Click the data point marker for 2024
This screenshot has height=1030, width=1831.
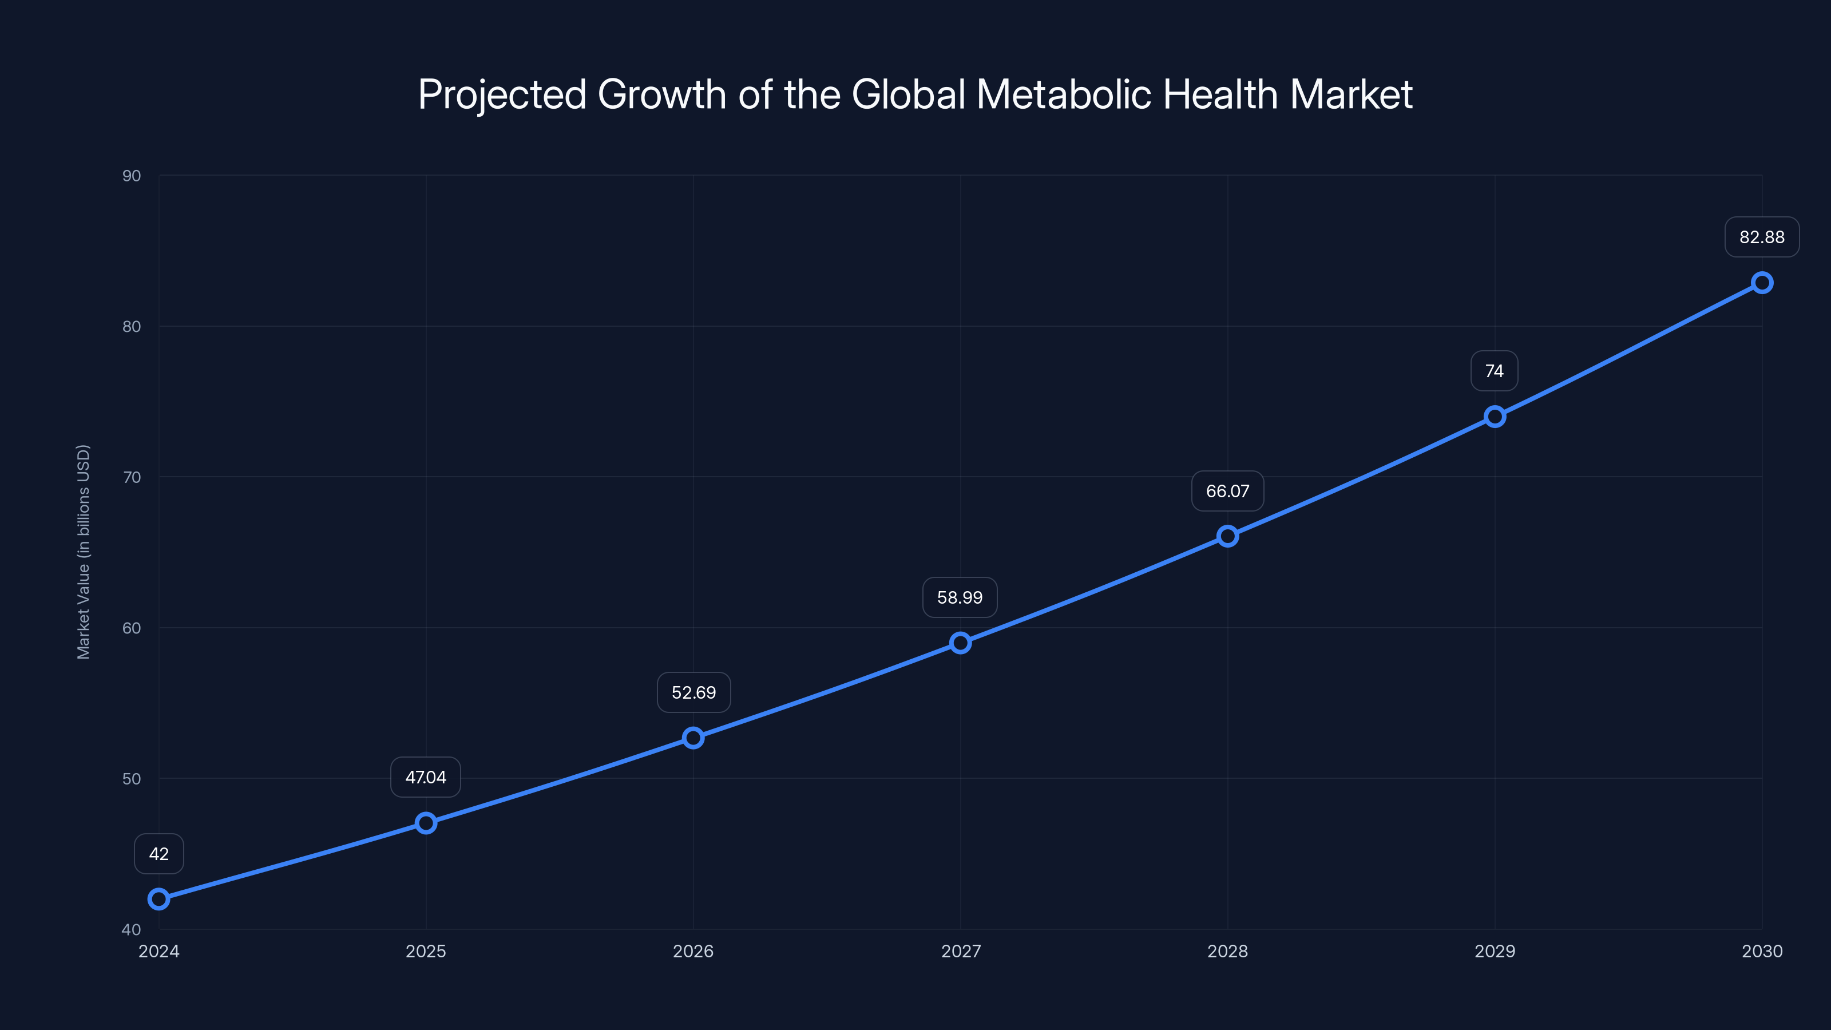point(158,899)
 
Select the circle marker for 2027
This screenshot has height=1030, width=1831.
point(960,643)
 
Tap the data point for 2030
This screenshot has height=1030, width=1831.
point(1762,283)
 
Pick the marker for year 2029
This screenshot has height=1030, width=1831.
point(1495,417)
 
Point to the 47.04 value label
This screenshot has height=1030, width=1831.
point(426,777)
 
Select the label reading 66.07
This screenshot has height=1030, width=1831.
point(1227,491)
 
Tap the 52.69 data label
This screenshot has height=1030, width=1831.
point(693,692)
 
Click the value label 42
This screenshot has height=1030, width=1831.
point(158,854)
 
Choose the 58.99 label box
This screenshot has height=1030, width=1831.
point(960,597)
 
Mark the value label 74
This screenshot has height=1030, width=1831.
point(1494,371)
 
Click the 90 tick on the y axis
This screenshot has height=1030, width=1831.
point(132,176)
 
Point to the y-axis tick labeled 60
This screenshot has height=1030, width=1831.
point(132,628)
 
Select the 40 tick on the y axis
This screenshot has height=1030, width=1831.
point(132,929)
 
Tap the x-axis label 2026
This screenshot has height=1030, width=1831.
point(693,951)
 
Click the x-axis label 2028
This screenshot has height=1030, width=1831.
point(1227,951)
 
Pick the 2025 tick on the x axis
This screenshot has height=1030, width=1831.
point(426,951)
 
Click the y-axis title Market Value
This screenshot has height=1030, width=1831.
point(83,552)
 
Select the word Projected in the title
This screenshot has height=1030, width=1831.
point(502,94)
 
